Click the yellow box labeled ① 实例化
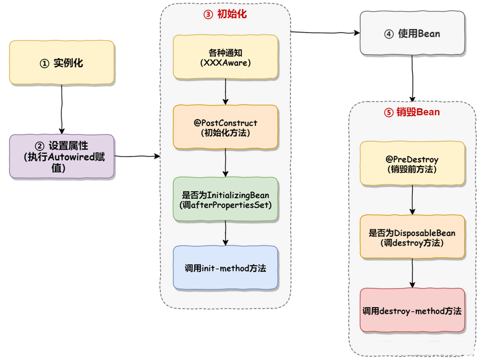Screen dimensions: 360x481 click(x=61, y=62)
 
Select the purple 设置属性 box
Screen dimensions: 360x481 click(x=61, y=156)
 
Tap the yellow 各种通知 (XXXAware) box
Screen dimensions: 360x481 click(x=226, y=57)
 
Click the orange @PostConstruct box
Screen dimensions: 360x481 click(x=226, y=127)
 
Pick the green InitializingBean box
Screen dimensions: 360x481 click(x=226, y=199)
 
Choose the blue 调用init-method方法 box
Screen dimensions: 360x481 click(x=226, y=268)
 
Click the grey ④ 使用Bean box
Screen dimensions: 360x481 click(x=412, y=34)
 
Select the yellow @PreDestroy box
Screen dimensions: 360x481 click(x=412, y=164)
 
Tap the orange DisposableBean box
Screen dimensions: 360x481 click(x=412, y=237)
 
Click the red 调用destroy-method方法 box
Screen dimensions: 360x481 click(x=412, y=310)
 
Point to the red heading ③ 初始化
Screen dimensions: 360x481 click(x=225, y=15)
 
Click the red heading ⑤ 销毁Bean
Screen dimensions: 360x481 click(x=412, y=112)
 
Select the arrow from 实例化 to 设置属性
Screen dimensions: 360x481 click(x=62, y=109)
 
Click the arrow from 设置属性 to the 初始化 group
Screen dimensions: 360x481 click(x=137, y=156)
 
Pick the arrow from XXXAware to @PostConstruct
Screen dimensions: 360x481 click(x=226, y=91)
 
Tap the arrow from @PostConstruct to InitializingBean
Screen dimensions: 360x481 click(x=226, y=163)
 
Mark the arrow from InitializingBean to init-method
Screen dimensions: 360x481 click(x=226, y=233)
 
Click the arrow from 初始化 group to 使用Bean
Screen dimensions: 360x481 click(x=325, y=33)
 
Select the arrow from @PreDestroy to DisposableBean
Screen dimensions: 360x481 click(x=412, y=201)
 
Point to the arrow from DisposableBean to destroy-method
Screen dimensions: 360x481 click(x=412, y=273)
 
